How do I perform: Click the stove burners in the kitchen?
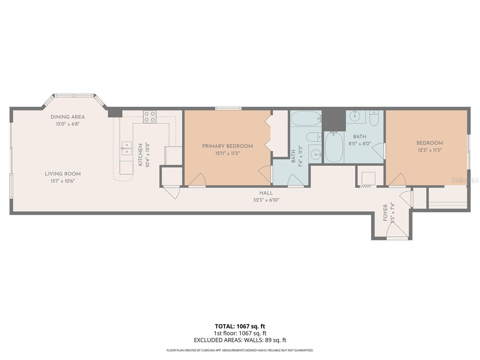coord(150,117)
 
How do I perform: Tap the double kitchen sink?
coord(127,148)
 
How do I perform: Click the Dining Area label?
coord(67,117)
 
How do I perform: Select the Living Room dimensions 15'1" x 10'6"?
coord(62,181)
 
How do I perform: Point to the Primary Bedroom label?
coord(227,146)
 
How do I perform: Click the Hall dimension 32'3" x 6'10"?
coord(266,200)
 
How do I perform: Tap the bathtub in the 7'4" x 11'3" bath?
coord(305,119)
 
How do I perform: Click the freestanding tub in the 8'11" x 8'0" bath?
coord(334,147)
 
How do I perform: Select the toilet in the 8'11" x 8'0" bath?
coord(374,119)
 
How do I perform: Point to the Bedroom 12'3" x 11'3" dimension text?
coord(429,150)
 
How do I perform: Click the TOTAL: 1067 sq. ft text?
coord(240,326)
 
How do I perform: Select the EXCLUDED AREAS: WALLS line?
coord(240,340)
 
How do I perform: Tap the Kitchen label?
coord(140,155)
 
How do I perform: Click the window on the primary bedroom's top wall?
coord(228,109)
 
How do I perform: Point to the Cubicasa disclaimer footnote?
coord(240,350)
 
